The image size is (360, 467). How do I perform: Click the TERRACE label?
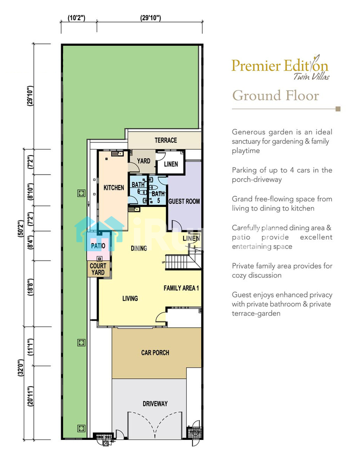point(166,140)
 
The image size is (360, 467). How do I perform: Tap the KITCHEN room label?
point(114,188)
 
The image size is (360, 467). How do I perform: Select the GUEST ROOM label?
point(184,201)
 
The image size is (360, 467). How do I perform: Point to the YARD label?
point(143,161)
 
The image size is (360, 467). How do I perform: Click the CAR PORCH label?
point(155,353)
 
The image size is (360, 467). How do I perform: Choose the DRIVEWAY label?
point(155,404)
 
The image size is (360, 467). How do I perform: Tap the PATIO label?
point(98,246)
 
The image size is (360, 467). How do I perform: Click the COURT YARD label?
point(98,269)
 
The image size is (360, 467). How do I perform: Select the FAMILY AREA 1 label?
point(181,288)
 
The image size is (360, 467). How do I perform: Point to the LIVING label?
point(130,298)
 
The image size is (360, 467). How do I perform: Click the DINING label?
point(139,248)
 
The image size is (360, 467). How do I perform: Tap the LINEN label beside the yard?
point(171,164)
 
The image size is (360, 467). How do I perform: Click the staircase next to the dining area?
point(177,262)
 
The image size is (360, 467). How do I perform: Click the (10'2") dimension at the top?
point(77,18)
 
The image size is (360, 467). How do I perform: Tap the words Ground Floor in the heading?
point(275,96)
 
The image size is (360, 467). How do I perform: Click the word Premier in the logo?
point(256,66)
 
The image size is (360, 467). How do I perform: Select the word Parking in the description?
point(244,170)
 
